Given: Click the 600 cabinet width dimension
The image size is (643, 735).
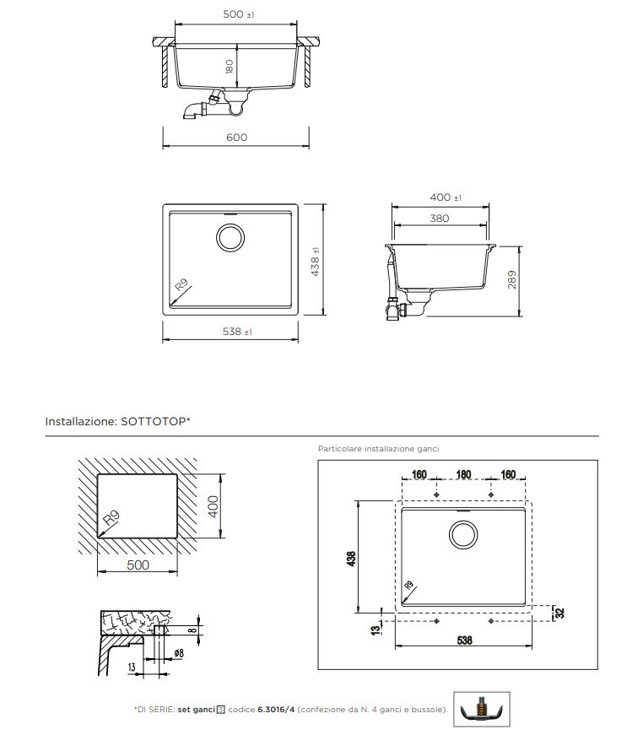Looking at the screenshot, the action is coord(236,138).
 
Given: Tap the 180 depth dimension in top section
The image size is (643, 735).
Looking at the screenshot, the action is coord(230,67).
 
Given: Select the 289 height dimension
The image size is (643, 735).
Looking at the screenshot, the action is coord(511,279).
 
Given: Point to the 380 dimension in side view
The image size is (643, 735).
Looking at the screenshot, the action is coord(440,219).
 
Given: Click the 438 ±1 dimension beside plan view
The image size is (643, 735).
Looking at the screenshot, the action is coord(316,262).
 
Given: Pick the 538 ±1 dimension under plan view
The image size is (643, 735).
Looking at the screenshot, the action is coord(237,332).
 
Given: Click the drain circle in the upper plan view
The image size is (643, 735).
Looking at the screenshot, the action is coord(230,237).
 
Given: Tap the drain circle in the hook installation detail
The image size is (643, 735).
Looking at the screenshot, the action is coord(463,535).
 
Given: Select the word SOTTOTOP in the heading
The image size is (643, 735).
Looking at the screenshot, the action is coord(154,421).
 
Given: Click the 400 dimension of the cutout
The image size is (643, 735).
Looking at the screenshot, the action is coord(213,506).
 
